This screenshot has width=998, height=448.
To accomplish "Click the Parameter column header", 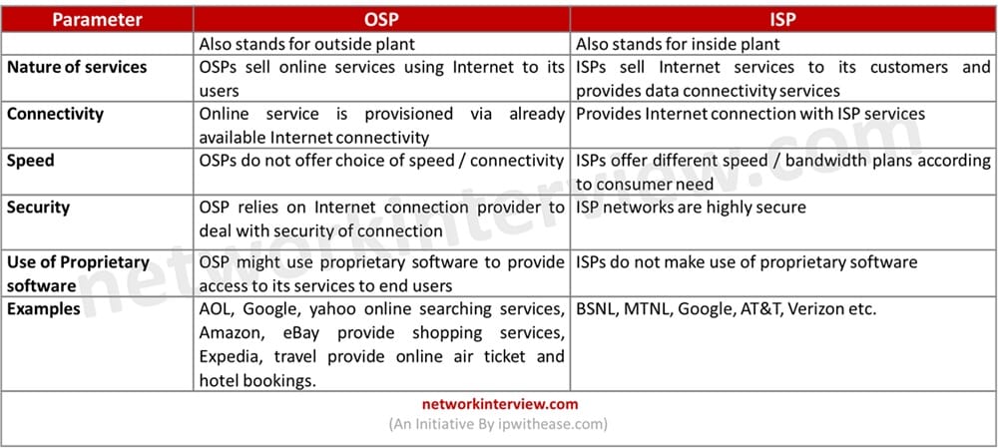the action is coord(97,20).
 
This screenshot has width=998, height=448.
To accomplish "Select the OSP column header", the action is coord(381,20).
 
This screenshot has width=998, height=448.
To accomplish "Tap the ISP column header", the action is coord(782,20).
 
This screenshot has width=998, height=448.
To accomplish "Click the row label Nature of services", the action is coord(77,68).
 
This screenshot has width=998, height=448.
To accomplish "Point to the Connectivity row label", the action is coord(55,114).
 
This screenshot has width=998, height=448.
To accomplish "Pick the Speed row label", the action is coord(31,161).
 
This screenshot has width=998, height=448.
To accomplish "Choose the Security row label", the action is coord(38,208).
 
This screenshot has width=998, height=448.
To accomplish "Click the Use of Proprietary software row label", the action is coord(78,273).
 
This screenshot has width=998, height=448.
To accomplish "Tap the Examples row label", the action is coord(44,310).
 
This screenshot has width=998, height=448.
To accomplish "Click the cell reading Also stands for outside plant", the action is coord(306,44).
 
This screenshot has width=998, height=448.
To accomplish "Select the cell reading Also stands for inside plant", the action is coord(678,44).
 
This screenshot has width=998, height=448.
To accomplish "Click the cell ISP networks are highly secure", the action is coord(691,208).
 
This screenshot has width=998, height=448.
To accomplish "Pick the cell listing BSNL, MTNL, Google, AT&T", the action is coord(727,310).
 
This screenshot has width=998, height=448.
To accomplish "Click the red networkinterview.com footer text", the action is coord(500,404).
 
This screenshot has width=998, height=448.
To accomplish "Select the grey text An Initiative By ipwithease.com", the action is coord(498,424).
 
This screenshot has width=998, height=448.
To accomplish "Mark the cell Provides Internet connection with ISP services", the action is coord(750,114).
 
